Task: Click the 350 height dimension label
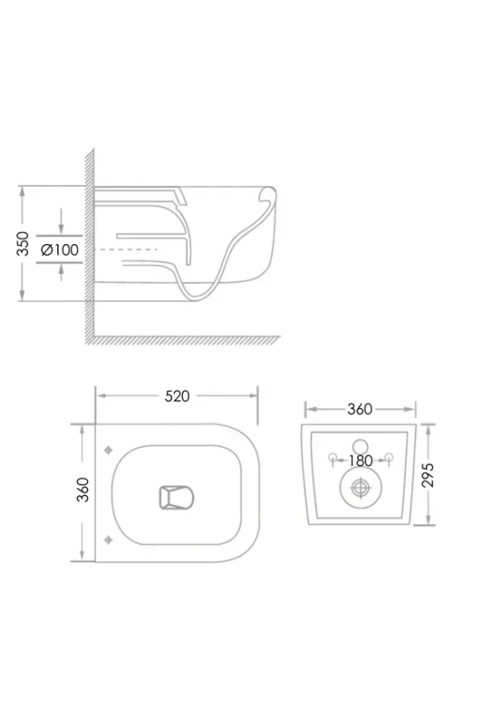click(23, 244)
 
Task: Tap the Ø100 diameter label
click(60, 250)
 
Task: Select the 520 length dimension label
click(177, 396)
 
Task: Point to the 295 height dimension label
click(428, 475)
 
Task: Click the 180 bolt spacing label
click(361, 461)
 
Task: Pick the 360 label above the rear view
click(359, 409)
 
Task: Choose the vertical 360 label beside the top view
click(83, 490)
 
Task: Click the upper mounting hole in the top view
click(108, 450)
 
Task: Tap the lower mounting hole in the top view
click(108, 539)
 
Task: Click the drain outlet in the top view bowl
click(177, 498)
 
